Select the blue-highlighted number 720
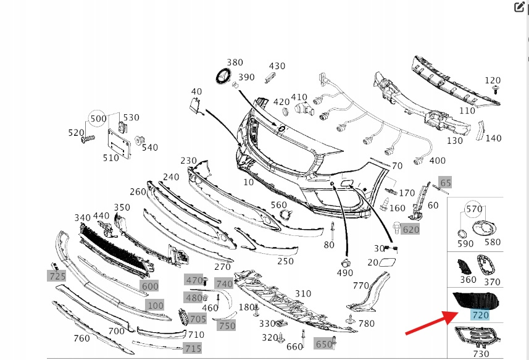(x=480, y=315)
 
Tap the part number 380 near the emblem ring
(x=235, y=62)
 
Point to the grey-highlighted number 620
(x=410, y=230)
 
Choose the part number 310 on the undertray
(x=303, y=293)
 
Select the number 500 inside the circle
(x=98, y=118)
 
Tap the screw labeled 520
(x=87, y=139)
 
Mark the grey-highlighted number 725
(x=57, y=275)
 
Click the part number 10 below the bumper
(x=248, y=182)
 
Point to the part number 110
(x=467, y=111)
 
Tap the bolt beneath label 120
(x=494, y=91)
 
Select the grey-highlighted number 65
(x=446, y=182)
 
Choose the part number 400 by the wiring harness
(x=437, y=161)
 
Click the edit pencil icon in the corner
(x=520, y=7)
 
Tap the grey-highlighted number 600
(x=150, y=286)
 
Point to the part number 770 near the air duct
(x=361, y=285)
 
